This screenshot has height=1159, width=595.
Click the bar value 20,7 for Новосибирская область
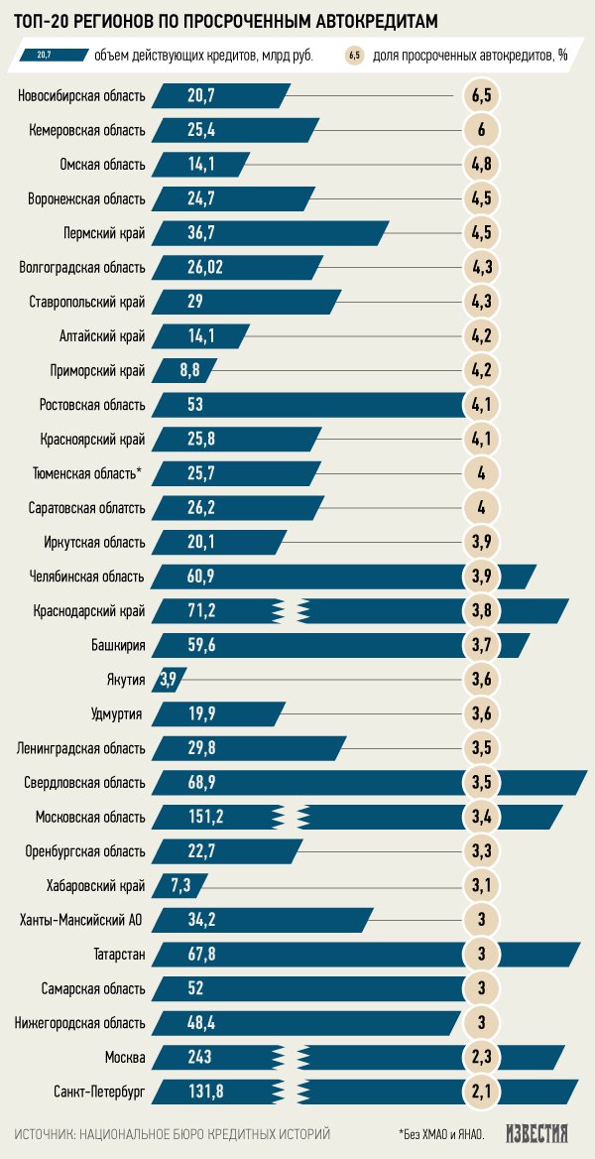point(202,96)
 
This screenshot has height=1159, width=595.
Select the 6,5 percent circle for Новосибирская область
point(481,96)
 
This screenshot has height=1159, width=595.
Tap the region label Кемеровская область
point(87,130)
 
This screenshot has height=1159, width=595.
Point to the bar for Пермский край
point(268,233)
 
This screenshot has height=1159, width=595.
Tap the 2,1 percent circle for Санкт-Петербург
point(481,1093)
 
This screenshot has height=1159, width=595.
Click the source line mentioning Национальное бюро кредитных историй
point(173,1133)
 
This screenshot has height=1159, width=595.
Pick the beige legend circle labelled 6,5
point(354,56)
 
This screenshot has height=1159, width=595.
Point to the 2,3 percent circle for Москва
point(481,1058)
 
